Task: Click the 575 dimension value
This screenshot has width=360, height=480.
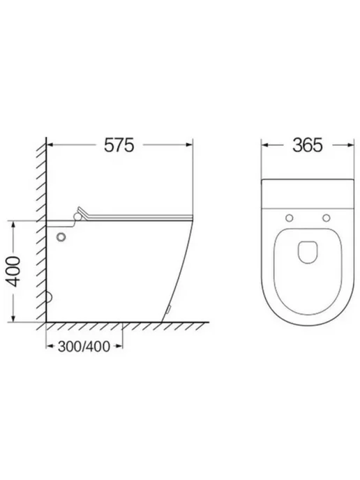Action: click(x=119, y=145)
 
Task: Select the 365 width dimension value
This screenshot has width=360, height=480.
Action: click(x=308, y=145)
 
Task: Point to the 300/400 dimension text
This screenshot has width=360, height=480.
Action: click(x=84, y=347)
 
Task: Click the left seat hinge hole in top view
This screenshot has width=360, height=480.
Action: click(x=289, y=218)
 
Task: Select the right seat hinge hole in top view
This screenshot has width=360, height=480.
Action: click(x=327, y=218)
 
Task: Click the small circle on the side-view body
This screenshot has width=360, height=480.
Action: click(x=61, y=237)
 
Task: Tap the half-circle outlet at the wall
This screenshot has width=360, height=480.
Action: click(x=50, y=297)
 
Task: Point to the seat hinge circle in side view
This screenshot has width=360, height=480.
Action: click(x=77, y=216)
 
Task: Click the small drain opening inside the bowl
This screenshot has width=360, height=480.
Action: click(x=308, y=253)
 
